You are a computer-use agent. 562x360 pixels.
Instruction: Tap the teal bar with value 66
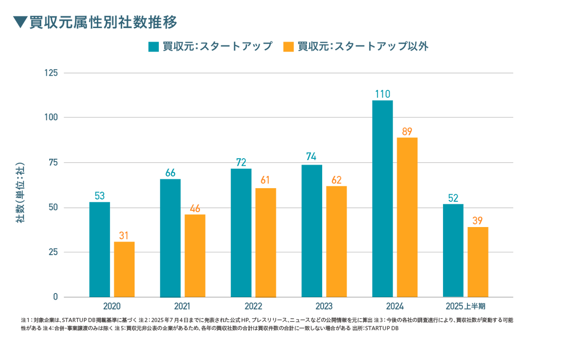170,237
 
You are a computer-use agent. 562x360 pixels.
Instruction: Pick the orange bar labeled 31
124,268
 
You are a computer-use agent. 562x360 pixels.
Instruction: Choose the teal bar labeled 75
311,229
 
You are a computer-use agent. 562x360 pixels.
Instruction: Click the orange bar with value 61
266,242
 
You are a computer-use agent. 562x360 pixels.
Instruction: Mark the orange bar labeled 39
478,261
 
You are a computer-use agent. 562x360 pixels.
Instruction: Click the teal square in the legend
153,47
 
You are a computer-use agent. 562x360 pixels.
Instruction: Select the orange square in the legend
289,47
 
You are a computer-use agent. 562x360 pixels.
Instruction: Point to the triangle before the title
19,22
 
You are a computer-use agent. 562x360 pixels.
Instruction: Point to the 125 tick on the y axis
51,73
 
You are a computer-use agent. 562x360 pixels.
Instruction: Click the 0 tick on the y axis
55,297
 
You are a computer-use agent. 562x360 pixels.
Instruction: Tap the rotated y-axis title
21,192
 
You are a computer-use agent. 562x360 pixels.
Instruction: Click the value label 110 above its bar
382,94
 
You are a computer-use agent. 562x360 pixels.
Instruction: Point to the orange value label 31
124,235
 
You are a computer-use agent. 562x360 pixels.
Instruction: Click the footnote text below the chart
267,324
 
